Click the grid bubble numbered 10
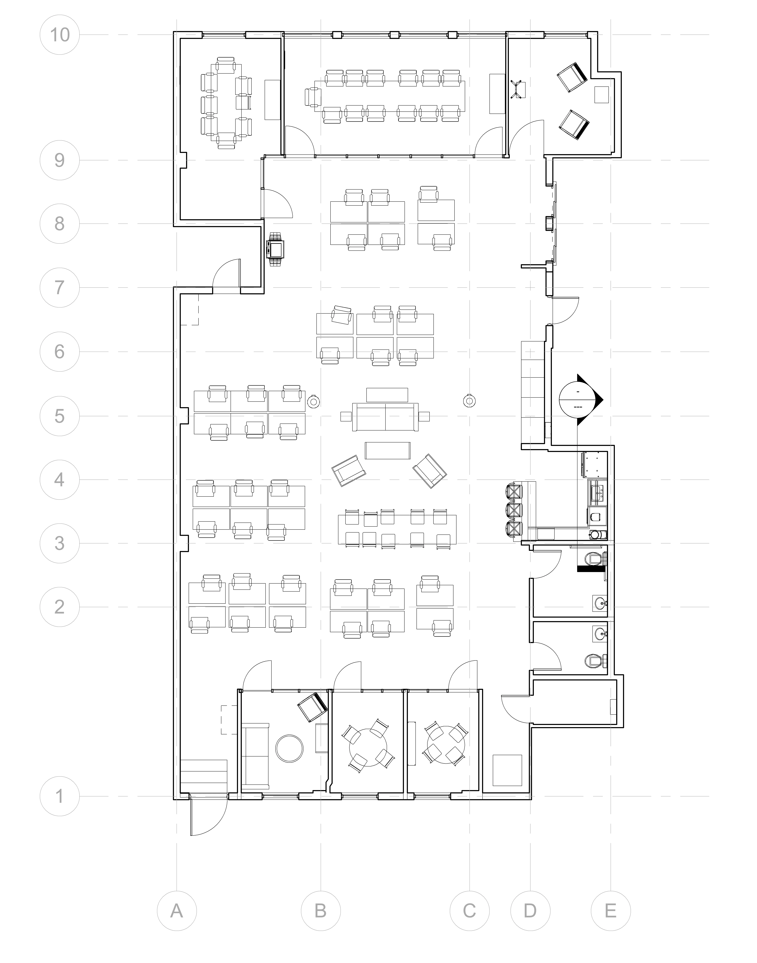coord(59,35)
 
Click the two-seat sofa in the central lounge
coord(385,417)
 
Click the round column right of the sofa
coord(469,401)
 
